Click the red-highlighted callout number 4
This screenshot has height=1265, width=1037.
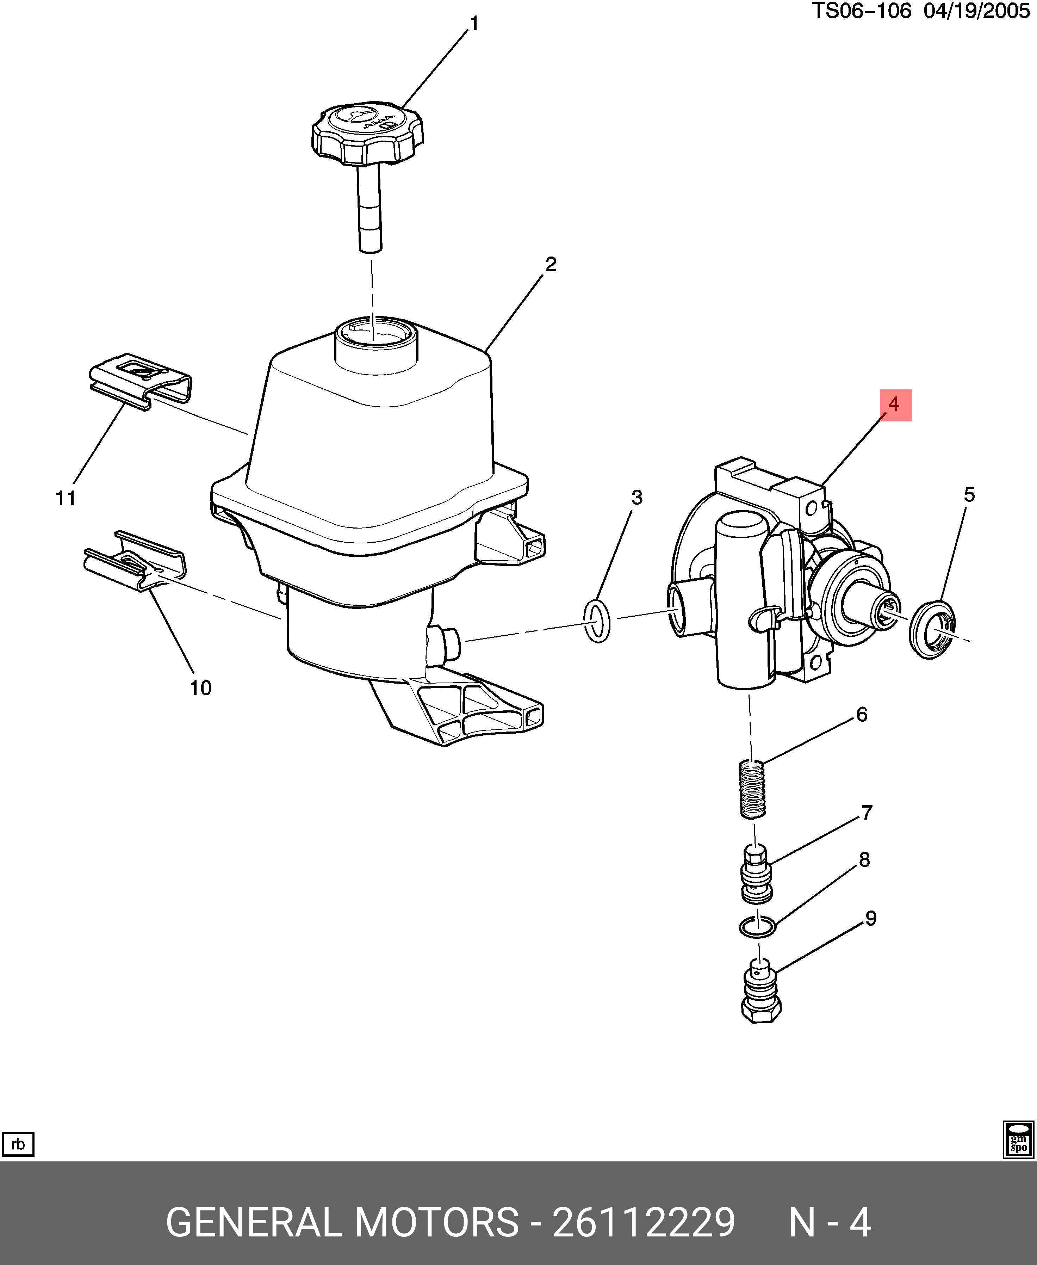pyautogui.click(x=895, y=405)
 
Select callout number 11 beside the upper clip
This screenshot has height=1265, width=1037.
pyautogui.click(x=66, y=498)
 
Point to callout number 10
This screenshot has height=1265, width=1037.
pyautogui.click(x=201, y=688)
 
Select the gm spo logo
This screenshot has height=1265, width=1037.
pyautogui.click(x=1018, y=1140)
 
